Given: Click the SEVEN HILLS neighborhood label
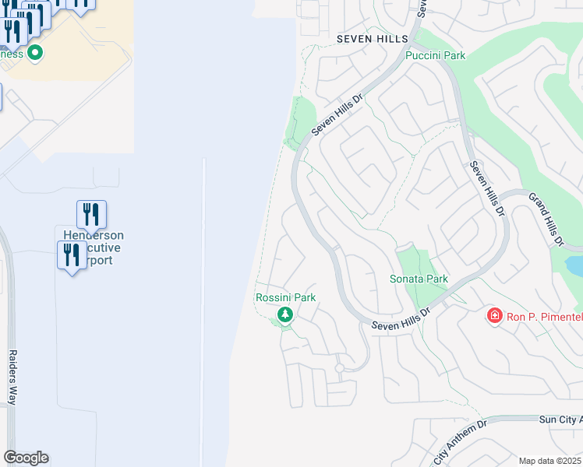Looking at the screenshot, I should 372,39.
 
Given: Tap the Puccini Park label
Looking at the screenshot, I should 435,56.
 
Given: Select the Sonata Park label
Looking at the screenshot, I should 419,279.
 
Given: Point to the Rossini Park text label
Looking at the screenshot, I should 285,297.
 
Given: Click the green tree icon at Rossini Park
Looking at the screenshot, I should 285,314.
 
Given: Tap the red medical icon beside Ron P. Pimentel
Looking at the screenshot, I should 494,315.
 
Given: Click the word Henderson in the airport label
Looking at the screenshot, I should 94,236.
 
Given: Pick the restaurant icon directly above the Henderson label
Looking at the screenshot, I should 91,214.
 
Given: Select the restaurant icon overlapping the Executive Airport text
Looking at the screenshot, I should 72,255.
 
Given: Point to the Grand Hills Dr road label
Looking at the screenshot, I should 546,219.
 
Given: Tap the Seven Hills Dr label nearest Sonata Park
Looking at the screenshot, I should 401,319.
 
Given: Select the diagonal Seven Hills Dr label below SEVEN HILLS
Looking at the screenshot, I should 338,116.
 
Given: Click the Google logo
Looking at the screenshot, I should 26,458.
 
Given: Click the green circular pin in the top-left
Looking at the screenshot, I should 34,53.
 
